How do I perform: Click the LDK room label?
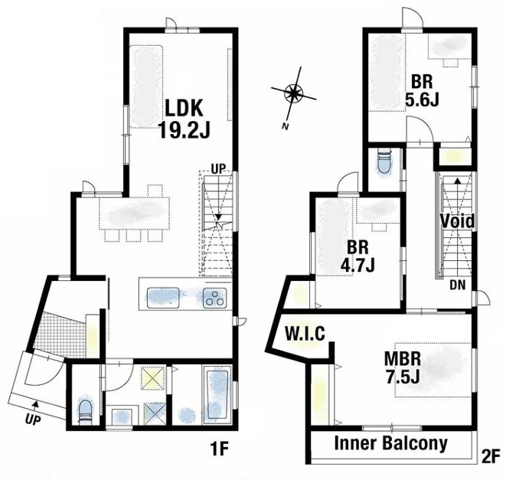point(184,108)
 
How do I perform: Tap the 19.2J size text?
point(184,130)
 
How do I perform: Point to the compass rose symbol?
point(293,94)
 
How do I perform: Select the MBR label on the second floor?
point(403,359)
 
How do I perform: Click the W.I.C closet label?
point(305,334)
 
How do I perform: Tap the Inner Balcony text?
point(391,443)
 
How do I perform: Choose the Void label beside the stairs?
point(457,221)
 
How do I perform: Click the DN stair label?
point(458,285)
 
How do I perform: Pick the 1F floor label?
point(219,449)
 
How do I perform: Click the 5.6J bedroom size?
point(422,100)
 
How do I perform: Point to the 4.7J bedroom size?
point(357,265)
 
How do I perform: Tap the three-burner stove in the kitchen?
point(214,298)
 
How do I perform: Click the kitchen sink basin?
point(163,298)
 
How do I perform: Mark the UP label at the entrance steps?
point(33,420)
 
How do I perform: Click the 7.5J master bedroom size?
point(403,377)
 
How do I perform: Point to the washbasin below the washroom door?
point(122,416)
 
